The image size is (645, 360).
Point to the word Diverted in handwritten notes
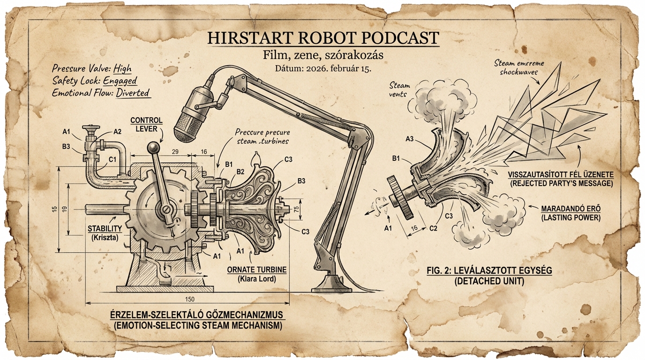click(133, 93)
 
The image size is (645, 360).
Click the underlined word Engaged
click(120, 80)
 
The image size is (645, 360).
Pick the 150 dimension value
click(190, 299)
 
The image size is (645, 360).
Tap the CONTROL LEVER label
click(147, 125)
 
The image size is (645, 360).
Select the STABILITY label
click(105, 228)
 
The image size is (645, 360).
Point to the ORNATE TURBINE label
click(256, 270)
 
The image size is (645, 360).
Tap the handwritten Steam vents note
click(399, 90)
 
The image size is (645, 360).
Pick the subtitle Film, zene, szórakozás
click(323, 55)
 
